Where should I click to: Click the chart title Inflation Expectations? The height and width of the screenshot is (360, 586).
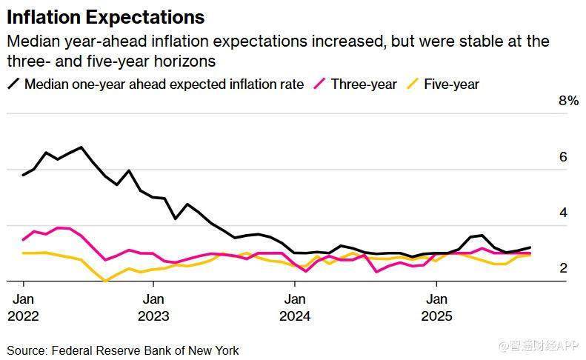coord(105,17)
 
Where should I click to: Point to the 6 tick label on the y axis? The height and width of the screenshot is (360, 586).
coord(563,157)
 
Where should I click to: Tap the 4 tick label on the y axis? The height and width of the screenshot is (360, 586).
coord(563,213)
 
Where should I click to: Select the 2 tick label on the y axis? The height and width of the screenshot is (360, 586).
coord(563,268)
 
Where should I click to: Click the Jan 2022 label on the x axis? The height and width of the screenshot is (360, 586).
coord(23,307)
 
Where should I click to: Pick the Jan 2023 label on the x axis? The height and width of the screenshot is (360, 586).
coord(153,307)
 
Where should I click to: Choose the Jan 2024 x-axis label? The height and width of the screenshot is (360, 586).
coord(295,307)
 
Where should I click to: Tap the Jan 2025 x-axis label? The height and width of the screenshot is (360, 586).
coord(436,307)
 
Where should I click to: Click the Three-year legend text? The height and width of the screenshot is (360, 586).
coord(364,84)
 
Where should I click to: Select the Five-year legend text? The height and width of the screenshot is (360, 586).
coord(451,84)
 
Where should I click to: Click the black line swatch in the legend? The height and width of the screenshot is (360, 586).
coord(13,84)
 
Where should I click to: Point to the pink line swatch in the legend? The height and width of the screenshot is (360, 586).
coord(320,84)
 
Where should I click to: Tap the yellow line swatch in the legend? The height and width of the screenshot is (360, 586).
coord(413,84)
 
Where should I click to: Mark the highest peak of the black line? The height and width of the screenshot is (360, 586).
coord(81,147)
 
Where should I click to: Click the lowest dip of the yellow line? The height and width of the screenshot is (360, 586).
coord(105,281)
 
